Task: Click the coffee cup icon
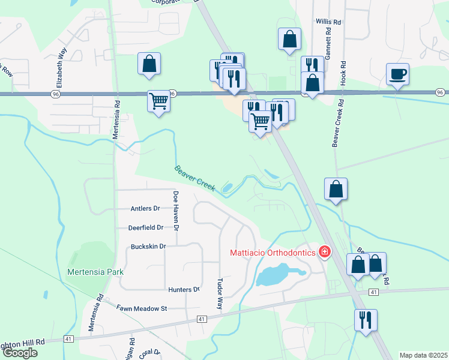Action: pyautogui.click(x=397, y=75)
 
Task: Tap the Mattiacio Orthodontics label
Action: pyautogui.click(x=273, y=253)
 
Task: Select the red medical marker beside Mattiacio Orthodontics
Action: pyautogui.click(x=325, y=252)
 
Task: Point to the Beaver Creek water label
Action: pyautogui.click(x=194, y=178)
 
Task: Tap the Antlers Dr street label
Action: pyautogui.click(x=145, y=209)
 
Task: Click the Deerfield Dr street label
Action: pyautogui.click(x=145, y=228)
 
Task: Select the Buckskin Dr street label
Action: pyautogui.click(x=148, y=247)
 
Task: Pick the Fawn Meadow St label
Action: pyautogui.click(x=141, y=308)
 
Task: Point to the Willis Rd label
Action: pyautogui.click(x=328, y=22)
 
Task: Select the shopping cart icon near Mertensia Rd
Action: pyautogui.click(x=158, y=101)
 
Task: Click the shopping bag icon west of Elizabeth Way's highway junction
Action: pyautogui.click(x=149, y=64)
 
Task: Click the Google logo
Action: pyautogui.click(x=20, y=353)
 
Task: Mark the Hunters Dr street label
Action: pyautogui.click(x=184, y=290)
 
